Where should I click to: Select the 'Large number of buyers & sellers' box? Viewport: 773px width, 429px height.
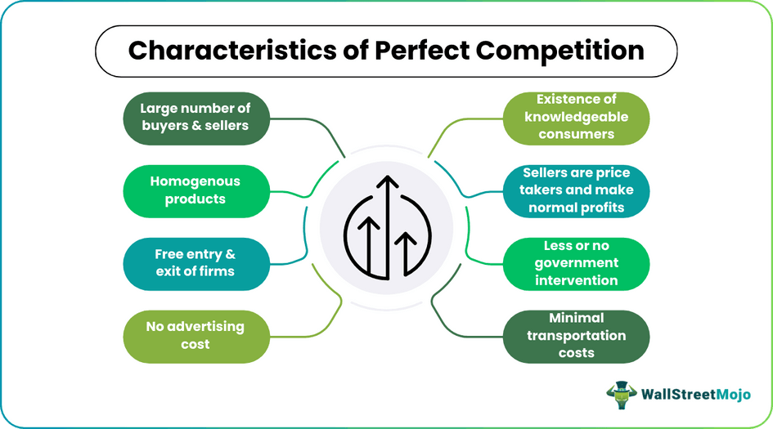point(196,116)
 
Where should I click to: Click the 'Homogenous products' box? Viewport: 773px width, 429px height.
point(196,190)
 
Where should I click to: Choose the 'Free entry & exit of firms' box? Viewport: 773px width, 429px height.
point(196,263)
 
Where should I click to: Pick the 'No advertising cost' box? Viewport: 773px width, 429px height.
point(196,335)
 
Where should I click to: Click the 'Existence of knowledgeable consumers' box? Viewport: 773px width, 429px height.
point(577,116)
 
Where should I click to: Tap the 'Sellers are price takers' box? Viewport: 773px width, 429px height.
point(577,190)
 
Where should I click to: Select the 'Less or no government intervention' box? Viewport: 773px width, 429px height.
point(577,263)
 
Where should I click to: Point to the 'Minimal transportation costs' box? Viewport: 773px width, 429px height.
point(577,335)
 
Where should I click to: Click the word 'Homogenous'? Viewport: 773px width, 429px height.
point(195,181)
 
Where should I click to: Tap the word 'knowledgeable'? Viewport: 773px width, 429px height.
point(577,116)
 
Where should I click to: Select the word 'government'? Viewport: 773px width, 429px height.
point(577,263)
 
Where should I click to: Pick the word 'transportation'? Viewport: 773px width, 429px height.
point(577,335)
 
